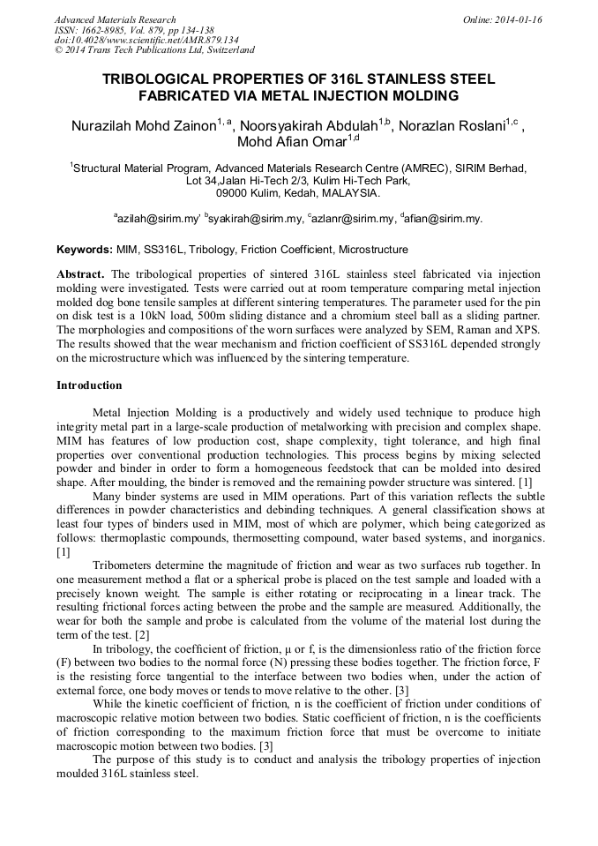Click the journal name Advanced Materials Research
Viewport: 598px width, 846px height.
(115, 19)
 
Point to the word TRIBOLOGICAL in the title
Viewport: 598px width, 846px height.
(164, 79)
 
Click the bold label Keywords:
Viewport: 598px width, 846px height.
(84, 250)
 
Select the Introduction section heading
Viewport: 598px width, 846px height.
(89, 386)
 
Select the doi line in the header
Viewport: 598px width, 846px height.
(146, 40)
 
